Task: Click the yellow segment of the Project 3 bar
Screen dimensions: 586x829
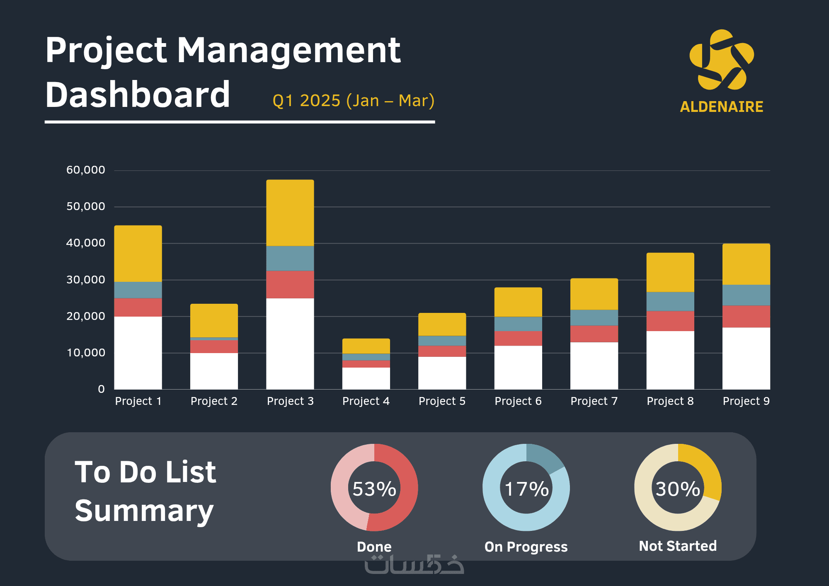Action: pyautogui.click(x=290, y=213)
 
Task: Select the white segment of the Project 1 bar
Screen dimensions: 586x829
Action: pyautogui.click(x=138, y=353)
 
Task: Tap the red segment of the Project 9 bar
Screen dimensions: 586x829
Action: pyautogui.click(x=746, y=317)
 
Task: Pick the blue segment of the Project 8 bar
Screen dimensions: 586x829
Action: pyautogui.click(x=670, y=301)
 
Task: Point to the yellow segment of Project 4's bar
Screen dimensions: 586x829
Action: pyautogui.click(x=366, y=346)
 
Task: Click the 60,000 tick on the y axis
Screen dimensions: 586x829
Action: pyautogui.click(x=86, y=170)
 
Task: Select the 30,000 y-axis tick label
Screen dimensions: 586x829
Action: pyautogui.click(x=86, y=280)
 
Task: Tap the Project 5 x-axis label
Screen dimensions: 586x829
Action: pyautogui.click(x=442, y=401)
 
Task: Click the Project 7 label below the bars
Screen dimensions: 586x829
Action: pyautogui.click(x=594, y=401)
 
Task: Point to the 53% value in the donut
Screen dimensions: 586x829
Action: pyautogui.click(x=374, y=489)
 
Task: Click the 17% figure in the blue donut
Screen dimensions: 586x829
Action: pyautogui.click(x=526, y=489)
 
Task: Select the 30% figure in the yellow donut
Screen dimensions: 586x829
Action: pyautogui.click(x=678, y=489)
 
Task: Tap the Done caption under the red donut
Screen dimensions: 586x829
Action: pyautogui.click(x=374, y=547)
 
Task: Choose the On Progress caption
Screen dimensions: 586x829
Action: pyautogui.click(x=526, y=547)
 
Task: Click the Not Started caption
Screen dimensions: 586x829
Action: pyautogui.click(x=678, y=546)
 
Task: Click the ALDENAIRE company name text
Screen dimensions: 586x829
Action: pyautogui.click(x=722, y=107)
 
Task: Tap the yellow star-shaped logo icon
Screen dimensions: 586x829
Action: pyautogui.click(x=722, y=60)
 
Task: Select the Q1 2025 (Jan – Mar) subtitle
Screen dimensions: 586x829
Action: pyautogui.click(x=354, y=101)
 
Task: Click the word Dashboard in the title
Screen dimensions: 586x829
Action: pyautogui.click(x=138, y=95)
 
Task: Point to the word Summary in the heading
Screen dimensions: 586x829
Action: pyautogui.click(x=144, y=511)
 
